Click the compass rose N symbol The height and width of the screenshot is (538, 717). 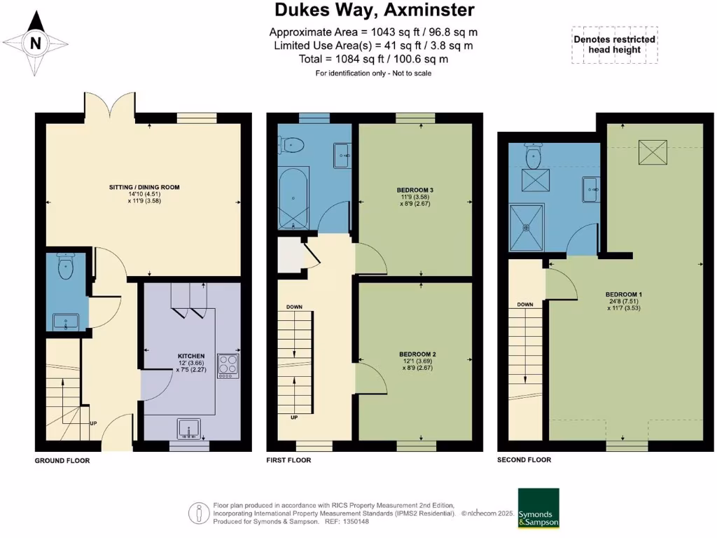pyautogui.click(x=36, y=43)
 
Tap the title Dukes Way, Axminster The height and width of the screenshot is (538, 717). pyautogui.click(x=374, y=11)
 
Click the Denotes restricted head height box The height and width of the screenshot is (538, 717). pyautogui.click(x=614, y=45)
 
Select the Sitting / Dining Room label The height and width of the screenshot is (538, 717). pyautogui.click(x=144, y=187)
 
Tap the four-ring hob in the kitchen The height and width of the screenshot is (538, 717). pyautogui.click(x=228, y=366)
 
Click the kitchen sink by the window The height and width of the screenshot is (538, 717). pyautogui.click(x=190, y=428)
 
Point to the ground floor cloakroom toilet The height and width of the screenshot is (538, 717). pyautogui.click(x=67, y=267)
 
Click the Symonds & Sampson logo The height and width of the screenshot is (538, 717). pyautogui.click(x=538, y=509)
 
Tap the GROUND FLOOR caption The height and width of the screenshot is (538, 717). pyautogui.click(x=62, y=462)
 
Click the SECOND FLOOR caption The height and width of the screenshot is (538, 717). pyautogui.click(x=524, y=460)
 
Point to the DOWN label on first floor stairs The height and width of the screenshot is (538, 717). pyautogui.click(x=294, y=307)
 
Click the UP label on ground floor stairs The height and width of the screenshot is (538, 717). pyautogui.click(x=92, y=423)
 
